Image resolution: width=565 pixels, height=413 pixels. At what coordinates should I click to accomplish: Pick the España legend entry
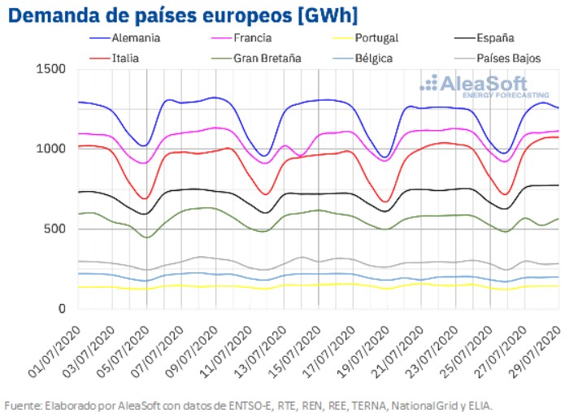(x=495, y=37)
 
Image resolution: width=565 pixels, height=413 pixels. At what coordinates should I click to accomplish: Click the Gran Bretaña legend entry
(x=267, y=59)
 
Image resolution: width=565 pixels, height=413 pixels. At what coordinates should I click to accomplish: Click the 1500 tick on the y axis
(x=50, y=70)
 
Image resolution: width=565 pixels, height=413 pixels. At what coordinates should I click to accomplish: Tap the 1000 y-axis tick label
(x=50, y=150)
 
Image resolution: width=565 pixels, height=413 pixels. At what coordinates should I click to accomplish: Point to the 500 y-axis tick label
(x=54, y=229)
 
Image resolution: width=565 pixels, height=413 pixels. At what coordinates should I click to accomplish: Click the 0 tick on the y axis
(x=63, y=309)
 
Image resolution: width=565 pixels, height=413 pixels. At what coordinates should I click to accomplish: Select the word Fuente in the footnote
(x=24, y=404)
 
